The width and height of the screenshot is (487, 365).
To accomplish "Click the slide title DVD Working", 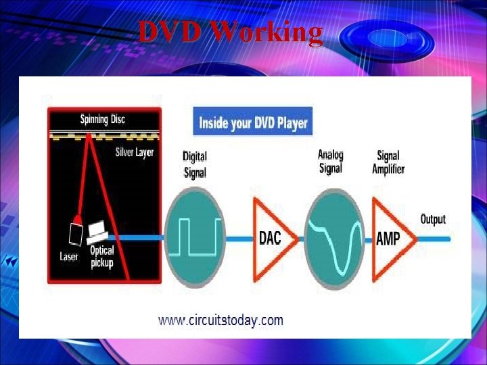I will pos(230,32).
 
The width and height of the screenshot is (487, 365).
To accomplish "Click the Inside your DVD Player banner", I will pos(253,123).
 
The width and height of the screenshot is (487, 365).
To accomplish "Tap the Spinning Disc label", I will pos(103,120).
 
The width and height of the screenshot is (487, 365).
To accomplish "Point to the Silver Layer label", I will pos(135,152).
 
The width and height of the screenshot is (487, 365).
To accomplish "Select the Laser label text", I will pos(69,256).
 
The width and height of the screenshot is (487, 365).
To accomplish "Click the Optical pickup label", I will pos(102,256).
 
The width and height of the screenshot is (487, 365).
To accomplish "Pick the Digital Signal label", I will pos(195,164).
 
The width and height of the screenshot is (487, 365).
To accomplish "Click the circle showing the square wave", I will pos(195,238).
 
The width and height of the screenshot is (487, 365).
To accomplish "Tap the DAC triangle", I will pos(272,239).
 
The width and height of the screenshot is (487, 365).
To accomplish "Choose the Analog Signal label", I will pos(331,162).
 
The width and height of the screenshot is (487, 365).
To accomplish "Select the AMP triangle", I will pos(390,239).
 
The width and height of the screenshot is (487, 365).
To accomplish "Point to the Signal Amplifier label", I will pos(388,162).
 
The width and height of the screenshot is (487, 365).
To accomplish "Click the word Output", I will pos(433,220).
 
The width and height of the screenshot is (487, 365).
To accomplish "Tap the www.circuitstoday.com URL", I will pos(221,320).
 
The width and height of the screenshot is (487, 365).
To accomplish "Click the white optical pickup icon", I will pos(97,231).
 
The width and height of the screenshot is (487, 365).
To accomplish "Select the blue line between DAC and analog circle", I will pos(302,239).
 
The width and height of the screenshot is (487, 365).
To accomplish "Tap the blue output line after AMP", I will pos(433,239).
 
